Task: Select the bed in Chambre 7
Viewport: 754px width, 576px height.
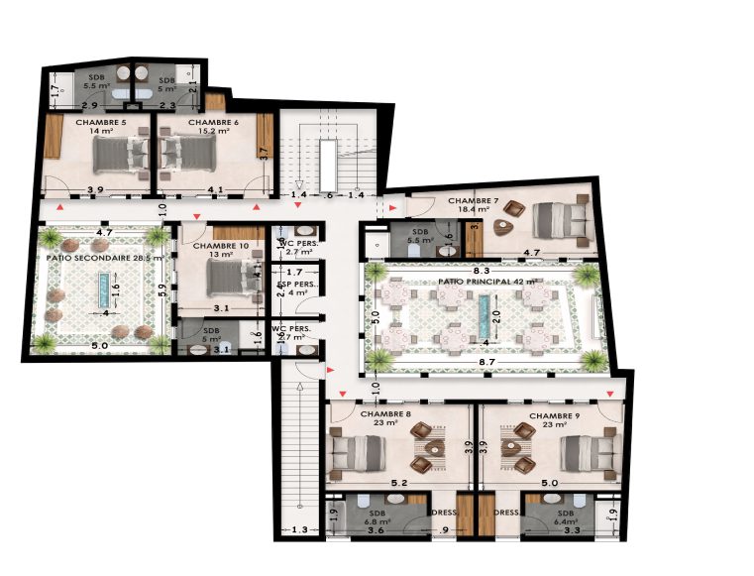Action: [x=560, y=220]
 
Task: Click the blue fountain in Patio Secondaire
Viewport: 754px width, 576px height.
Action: [x=102, y=291]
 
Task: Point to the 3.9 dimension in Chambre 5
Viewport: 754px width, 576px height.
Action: [x=96, y=189]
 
